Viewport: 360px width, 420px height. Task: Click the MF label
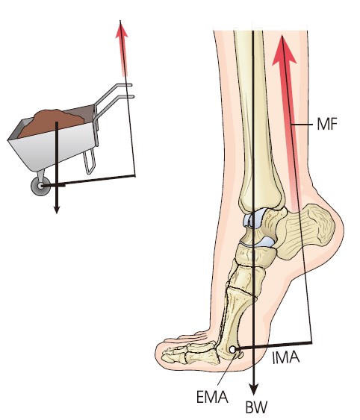(326, 125)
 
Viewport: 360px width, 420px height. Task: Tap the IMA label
(285, 357)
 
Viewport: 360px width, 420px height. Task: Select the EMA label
(212, 397)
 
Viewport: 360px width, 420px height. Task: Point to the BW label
(256, 407)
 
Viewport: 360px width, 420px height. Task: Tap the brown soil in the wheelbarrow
(51, 122)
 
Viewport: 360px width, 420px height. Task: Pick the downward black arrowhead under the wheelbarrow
(57, 210)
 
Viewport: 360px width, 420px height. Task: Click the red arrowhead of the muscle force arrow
(283, 51)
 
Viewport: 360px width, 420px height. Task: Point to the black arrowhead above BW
(253, 389)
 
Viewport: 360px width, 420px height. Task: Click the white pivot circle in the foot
(233, 350)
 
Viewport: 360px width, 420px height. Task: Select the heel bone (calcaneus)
(305, 231)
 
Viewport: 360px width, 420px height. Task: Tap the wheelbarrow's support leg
(90, 160)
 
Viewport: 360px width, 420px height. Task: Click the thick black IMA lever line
(274, 345)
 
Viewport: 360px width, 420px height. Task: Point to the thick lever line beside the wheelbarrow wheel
(89, 181)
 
